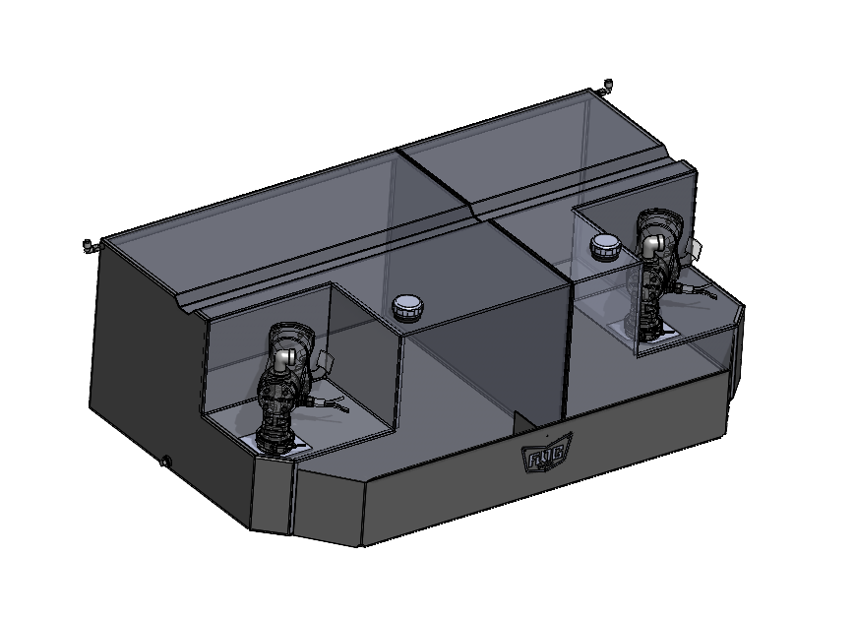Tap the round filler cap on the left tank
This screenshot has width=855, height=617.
coord(406,307)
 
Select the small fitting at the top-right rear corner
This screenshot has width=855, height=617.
coord(607,85)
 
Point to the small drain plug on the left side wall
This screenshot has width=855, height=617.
coord(165,460)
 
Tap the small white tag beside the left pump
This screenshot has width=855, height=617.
coord(323,360)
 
